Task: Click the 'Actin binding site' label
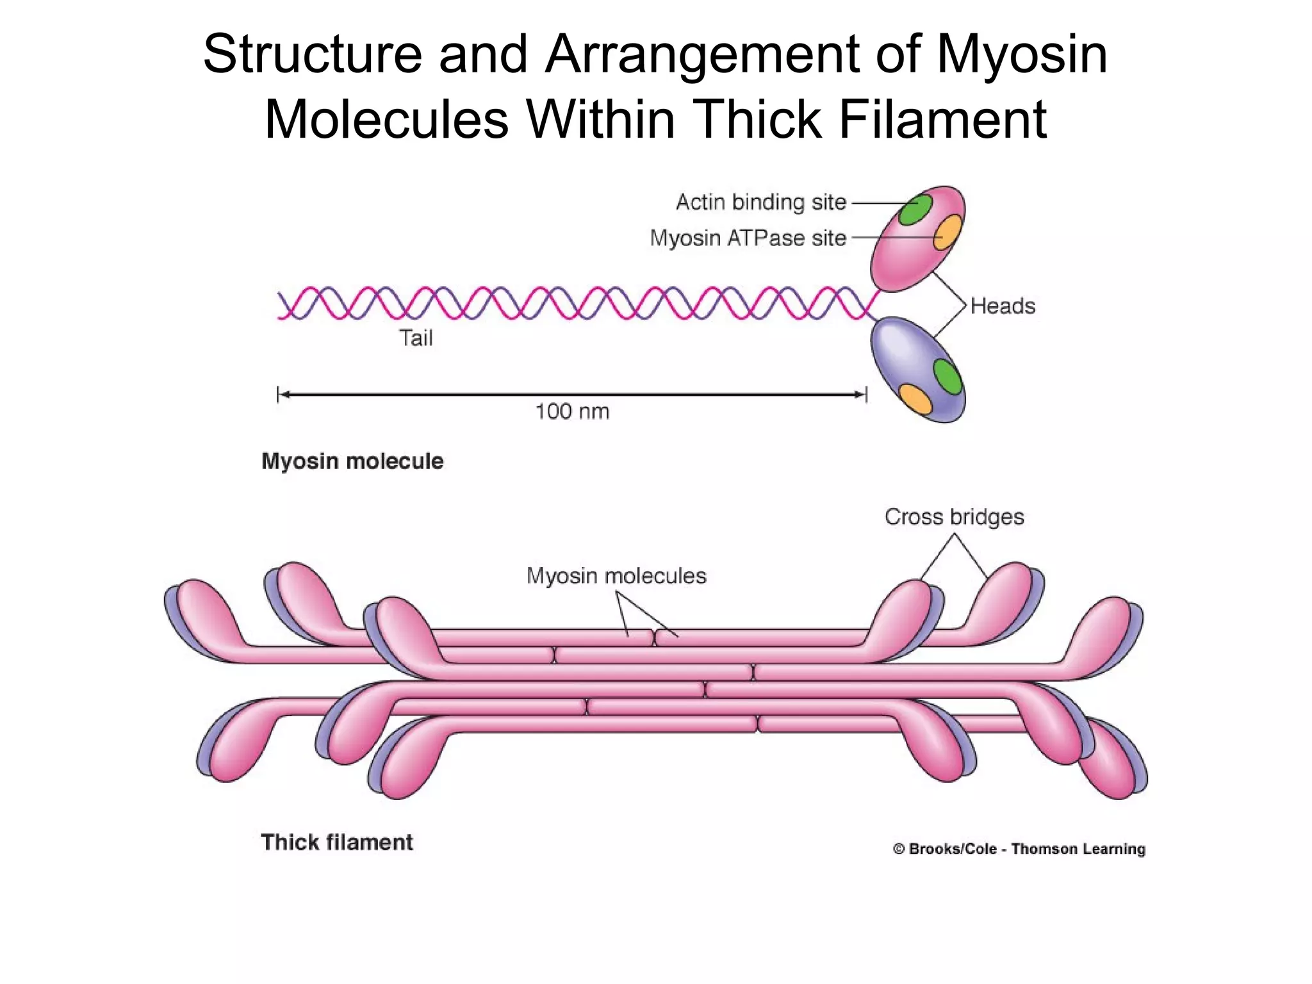(761, 202)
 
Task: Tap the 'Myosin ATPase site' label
(748, 238)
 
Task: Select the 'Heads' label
(1003, 306)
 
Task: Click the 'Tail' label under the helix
(416, 338)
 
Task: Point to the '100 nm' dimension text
(572, 411)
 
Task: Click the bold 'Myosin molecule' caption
(352, 461)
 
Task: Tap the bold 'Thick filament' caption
(337, 842)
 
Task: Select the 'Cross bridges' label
(954, 517)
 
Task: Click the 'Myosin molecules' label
(616, 576)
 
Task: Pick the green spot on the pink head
(915, 209)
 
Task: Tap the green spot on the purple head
(947, 377)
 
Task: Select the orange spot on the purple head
(915, 398)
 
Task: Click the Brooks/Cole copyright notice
(1019, 849)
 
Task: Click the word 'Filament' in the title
(942, 120)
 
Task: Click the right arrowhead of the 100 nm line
(861, 395)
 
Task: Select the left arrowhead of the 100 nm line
(284, 395)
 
